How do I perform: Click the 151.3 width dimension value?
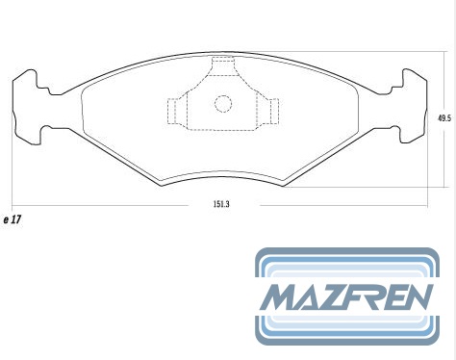click(x=221, y=204)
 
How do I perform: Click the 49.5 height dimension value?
click(x=444, y=118)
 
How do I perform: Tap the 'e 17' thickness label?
click(x=13, y=219)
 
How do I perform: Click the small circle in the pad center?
click(x=223, y=104)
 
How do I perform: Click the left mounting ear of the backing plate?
click(x=26, y=107)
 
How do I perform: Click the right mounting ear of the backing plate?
click(x=415, y=106)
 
